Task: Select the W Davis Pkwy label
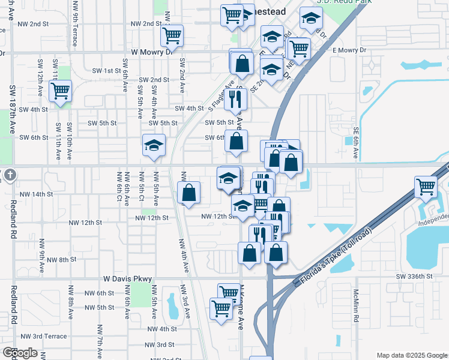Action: pyautogui.click(x=128, y=279)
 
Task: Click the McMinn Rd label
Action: pyautogui.click(x=356, y=305)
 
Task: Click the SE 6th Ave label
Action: pyautogui.click(x=356, y=143)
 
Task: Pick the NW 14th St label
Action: pyautogui.click(x=36, y=194)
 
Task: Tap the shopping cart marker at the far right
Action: pyautogui.click(x=426, y=187)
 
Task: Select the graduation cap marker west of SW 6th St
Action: pyautogui.click(x=154, y=145)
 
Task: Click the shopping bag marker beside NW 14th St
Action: pyautogui.click(x=189, y=193)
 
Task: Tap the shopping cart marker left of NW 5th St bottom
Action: pyautogui.click(x=221, y=308)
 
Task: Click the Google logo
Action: pyautogui.click(x=19, y=353)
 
